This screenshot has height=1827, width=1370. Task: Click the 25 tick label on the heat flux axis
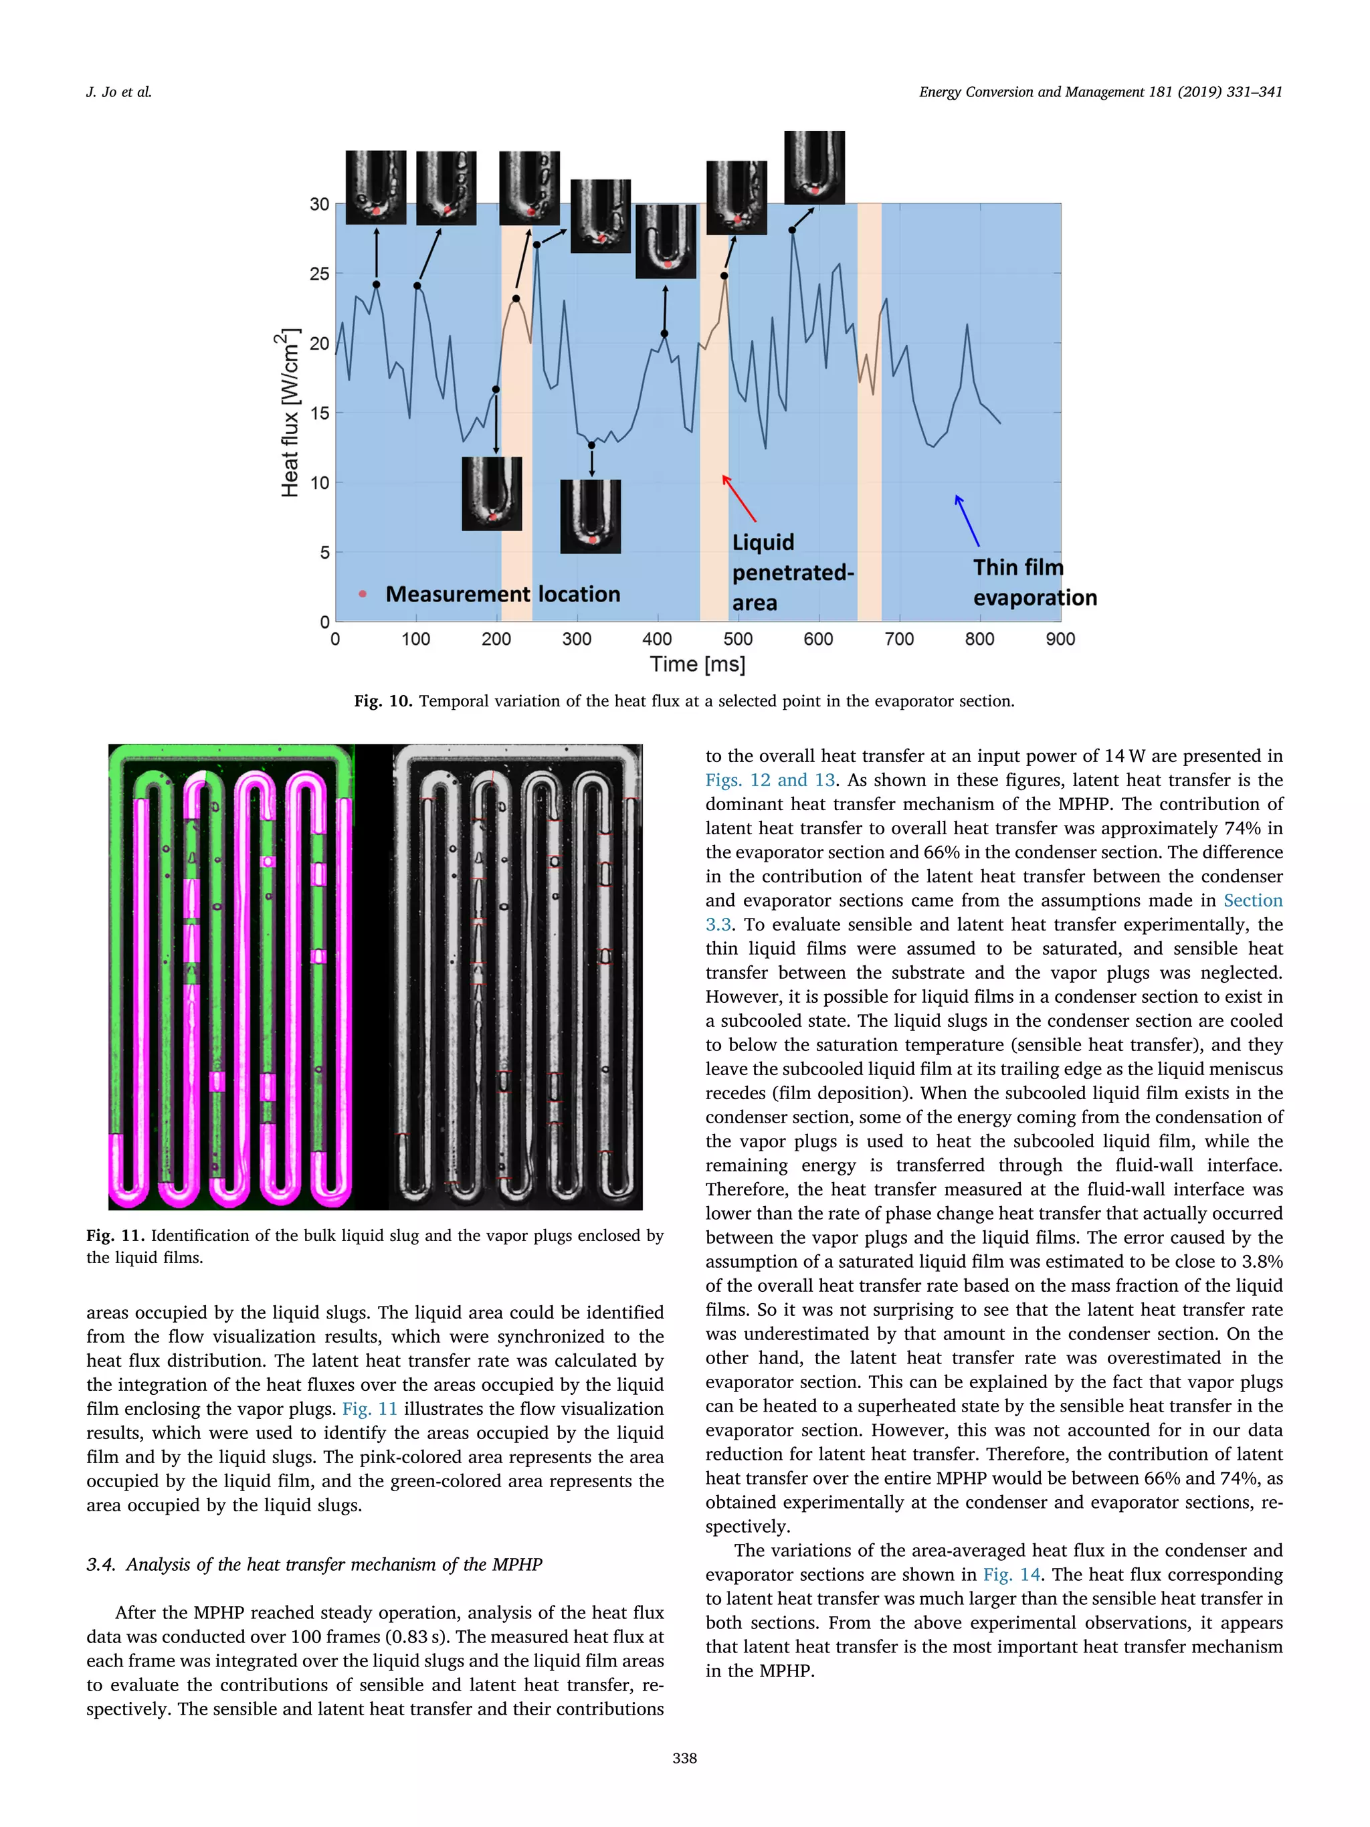(x=319, y=274)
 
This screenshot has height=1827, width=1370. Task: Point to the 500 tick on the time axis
(x=737, y=638)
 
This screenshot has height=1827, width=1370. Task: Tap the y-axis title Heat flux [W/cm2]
(x=288, y=412)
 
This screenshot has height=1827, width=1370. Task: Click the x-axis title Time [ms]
(x=697, y=664)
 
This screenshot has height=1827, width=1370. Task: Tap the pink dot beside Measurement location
(x=363, y=594)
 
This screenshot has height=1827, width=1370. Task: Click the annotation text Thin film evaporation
(x=1034, y=582)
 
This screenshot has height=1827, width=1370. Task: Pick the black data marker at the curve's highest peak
(x=792, y=229)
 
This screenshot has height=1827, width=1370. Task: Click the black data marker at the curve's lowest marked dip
(x=591, y=445)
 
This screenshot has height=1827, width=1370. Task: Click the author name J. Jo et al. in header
(x=119, y=92)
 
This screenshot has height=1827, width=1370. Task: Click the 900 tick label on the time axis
(x=1060, y=638)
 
